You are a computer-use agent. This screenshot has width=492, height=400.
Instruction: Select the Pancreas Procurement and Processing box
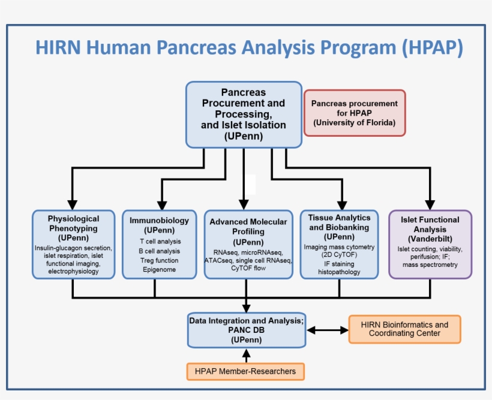pyautogui.click(x=244, y=115)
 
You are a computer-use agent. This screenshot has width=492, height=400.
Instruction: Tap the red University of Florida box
pyautogui.click(x=354, y=113)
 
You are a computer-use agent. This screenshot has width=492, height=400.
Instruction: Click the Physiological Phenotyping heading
pyautogui.click(x=73, y=224)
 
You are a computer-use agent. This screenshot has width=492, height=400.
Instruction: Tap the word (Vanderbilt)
pyautogui.click(x=430, y=239)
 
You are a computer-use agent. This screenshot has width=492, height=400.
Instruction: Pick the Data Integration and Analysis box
pyautogui.click(x=247, y=330)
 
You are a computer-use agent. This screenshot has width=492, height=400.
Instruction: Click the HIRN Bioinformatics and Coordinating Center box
pyautogui.click(x=404, y=329)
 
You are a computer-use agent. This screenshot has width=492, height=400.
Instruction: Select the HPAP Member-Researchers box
pyautogui.click(x=245, y=371)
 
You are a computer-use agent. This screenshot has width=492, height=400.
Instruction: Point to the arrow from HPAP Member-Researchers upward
pyautogui.click(x=246, y=356)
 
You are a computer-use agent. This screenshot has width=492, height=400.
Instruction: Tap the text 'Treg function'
pyautogui.click(x=159, y=260)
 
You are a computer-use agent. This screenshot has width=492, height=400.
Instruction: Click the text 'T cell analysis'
pyautogui.click(x=159, y=241)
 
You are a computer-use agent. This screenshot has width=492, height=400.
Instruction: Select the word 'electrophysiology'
pyautogui.click(x=73, y=272)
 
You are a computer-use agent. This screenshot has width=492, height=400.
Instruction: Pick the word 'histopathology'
pyautogui.click(x=339, y=272)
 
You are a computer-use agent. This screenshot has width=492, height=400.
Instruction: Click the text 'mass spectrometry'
pyautogui.click(x=430, y=264)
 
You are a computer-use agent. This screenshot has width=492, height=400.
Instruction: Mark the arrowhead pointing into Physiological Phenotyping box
pyautogui.click(x=73, y=203)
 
